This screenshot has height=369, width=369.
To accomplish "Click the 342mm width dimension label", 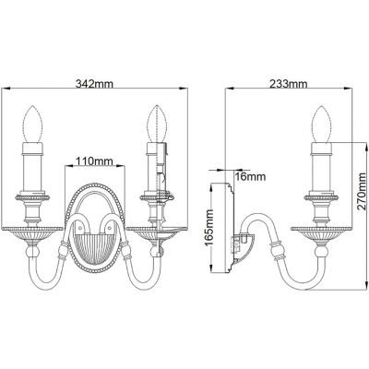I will tap(98, 83).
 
